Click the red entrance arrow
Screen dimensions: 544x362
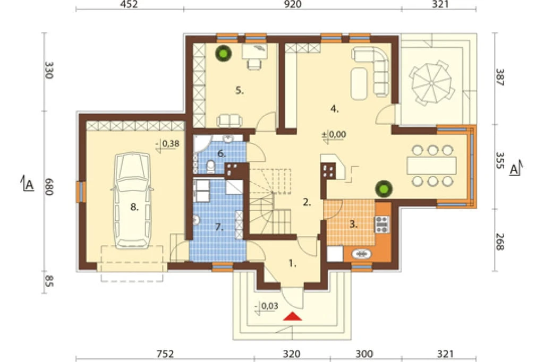(293, 316)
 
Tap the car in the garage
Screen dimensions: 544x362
(132, 201)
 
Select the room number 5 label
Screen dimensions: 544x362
(240, 90)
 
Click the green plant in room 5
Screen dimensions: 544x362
(223, 53)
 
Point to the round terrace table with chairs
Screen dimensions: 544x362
(431, 83)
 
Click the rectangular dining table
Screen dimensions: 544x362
(431, 166)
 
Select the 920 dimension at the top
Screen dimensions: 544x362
(293, 4)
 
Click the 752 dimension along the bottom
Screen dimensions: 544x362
(165, 354)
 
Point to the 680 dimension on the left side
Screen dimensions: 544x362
(49, 187)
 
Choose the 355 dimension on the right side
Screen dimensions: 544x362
(499, 160)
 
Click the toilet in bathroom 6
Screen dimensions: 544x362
(210, 167)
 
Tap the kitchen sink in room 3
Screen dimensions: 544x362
(361, 254)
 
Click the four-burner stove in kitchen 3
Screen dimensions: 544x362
(382, 224)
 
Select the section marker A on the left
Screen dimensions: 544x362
(28, 184)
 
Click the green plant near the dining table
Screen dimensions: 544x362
(384, 189)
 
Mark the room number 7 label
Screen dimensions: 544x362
(218, 228)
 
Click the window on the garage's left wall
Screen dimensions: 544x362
(81, 192)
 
